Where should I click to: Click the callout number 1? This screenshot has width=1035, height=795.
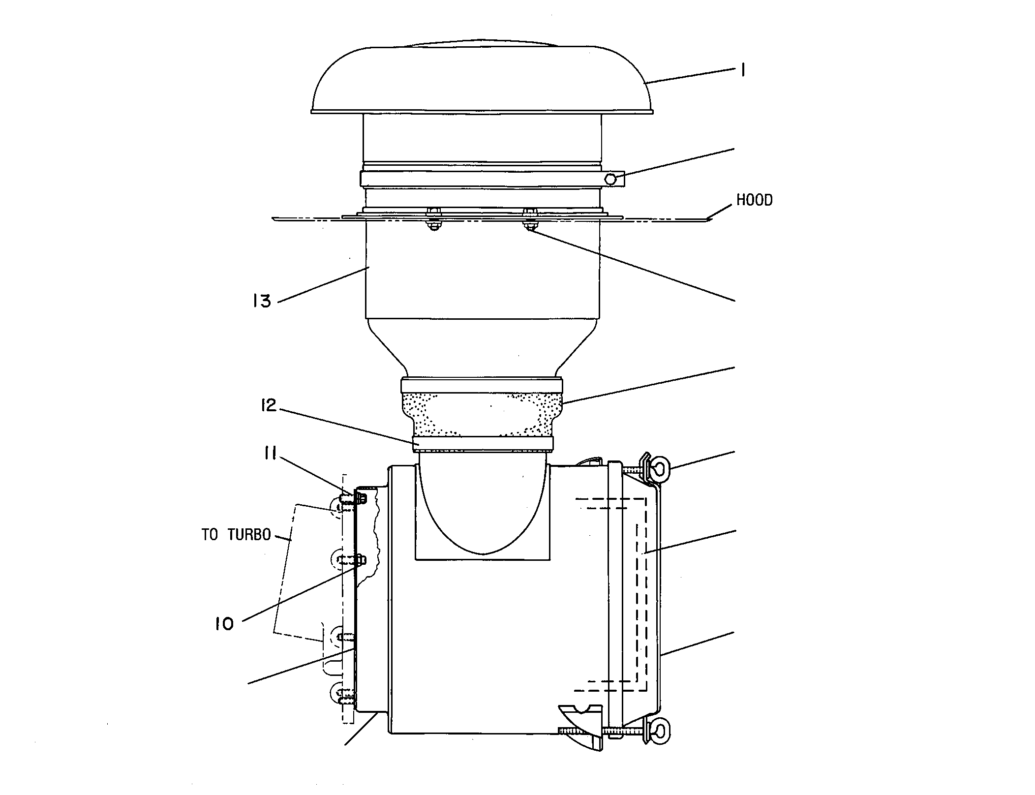(x=742, y=71)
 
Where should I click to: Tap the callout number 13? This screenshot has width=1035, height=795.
(x=262, y=301)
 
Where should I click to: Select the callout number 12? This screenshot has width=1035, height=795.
(x=269, y=406)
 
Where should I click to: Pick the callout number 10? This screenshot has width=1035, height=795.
(x=224, y=624)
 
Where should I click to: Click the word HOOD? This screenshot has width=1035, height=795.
(x=755, y=200)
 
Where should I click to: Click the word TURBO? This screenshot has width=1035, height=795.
(x=249, y=535)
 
